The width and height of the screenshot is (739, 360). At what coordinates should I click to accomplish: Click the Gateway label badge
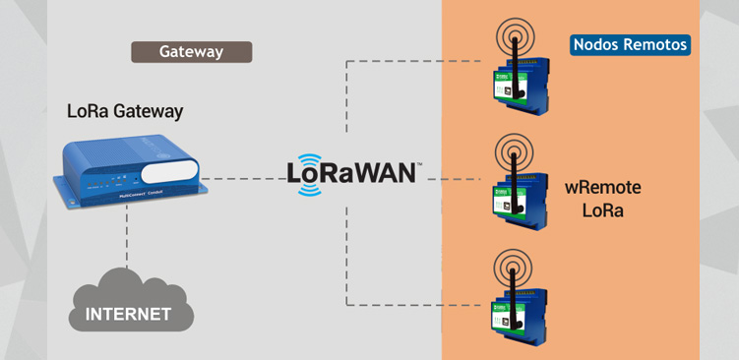click(192, 51)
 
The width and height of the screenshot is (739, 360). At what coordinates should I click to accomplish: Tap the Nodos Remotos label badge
click(630, 45)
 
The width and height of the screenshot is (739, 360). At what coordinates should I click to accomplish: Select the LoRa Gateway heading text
click(125, 110)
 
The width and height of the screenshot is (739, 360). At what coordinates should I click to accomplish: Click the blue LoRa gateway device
click(132, 173)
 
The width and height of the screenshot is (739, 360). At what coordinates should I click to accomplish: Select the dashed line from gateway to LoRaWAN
click(246, 179)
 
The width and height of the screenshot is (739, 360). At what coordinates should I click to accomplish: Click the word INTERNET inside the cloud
click(128, 315)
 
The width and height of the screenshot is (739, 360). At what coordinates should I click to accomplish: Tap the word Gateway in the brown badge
click(192, 51)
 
